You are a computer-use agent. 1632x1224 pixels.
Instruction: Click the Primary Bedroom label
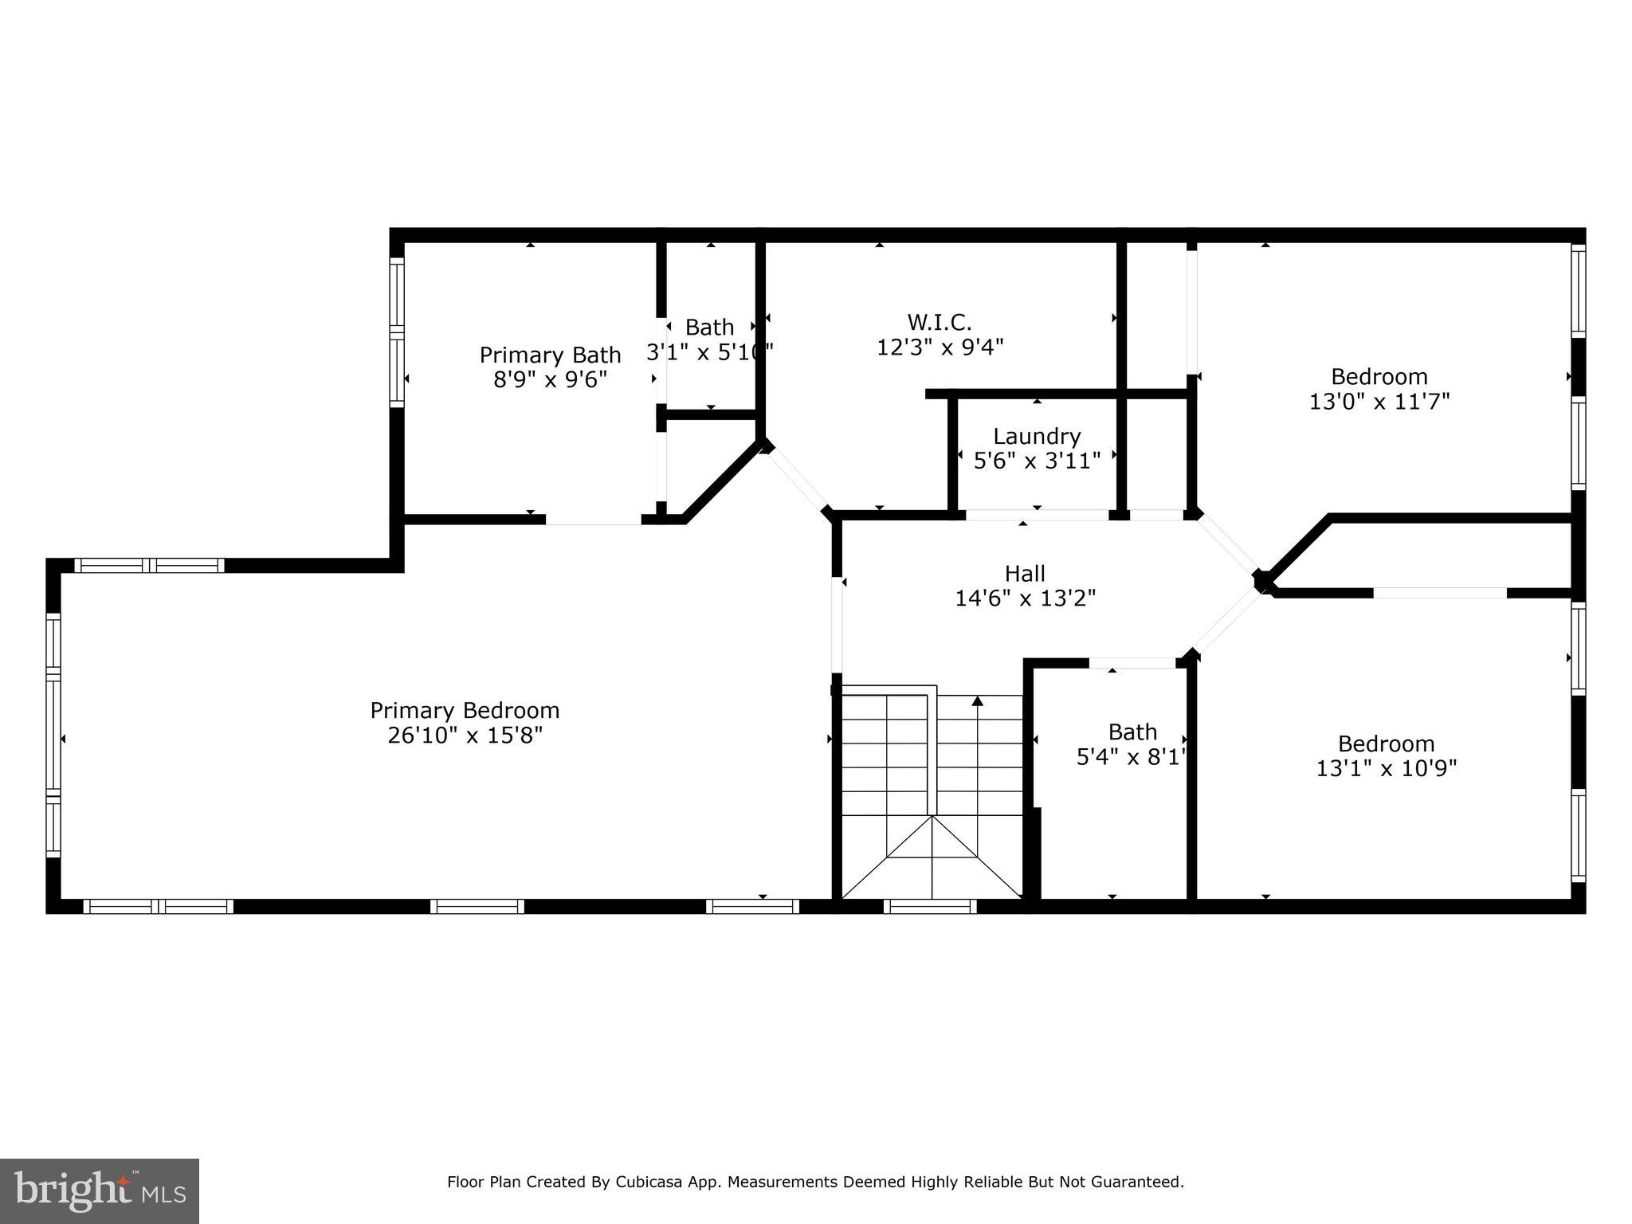[x=465, y=710]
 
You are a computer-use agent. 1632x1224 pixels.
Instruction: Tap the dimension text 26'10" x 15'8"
[x=465, y=735]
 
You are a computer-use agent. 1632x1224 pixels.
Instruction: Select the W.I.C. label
[x=940, y=323]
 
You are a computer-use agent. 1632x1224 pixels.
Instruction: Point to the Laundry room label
[x=1037, y=436]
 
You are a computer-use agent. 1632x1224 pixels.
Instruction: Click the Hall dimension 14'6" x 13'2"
[x=1026, y=598]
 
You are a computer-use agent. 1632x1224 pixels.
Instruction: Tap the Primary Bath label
[x=550, y=355]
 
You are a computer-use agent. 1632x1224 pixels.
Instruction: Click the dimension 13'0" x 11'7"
[x=1379, y=401]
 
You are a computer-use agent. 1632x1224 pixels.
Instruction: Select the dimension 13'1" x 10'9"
[x=1387, y=768]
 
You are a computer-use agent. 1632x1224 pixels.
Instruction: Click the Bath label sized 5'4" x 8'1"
[x=1132, y=732]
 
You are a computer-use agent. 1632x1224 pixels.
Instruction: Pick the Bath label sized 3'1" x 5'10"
[x=709, y=328]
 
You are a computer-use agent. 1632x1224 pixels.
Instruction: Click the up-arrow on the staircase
[x=978, y=701]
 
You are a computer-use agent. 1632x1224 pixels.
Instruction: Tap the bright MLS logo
[x=100, y=1191]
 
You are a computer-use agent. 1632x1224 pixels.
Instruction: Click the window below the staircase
[x=930, y=906]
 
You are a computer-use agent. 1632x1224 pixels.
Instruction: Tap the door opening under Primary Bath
[x=593, y=520]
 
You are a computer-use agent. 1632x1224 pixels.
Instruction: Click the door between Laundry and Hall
[x=1037, y=515]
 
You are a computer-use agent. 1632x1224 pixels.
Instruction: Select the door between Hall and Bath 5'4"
[x=1132, y=662]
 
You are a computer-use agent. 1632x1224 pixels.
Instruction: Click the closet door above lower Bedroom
[x=1439, y=593]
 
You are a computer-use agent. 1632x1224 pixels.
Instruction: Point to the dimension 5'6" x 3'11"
[x=1037, y=461]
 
